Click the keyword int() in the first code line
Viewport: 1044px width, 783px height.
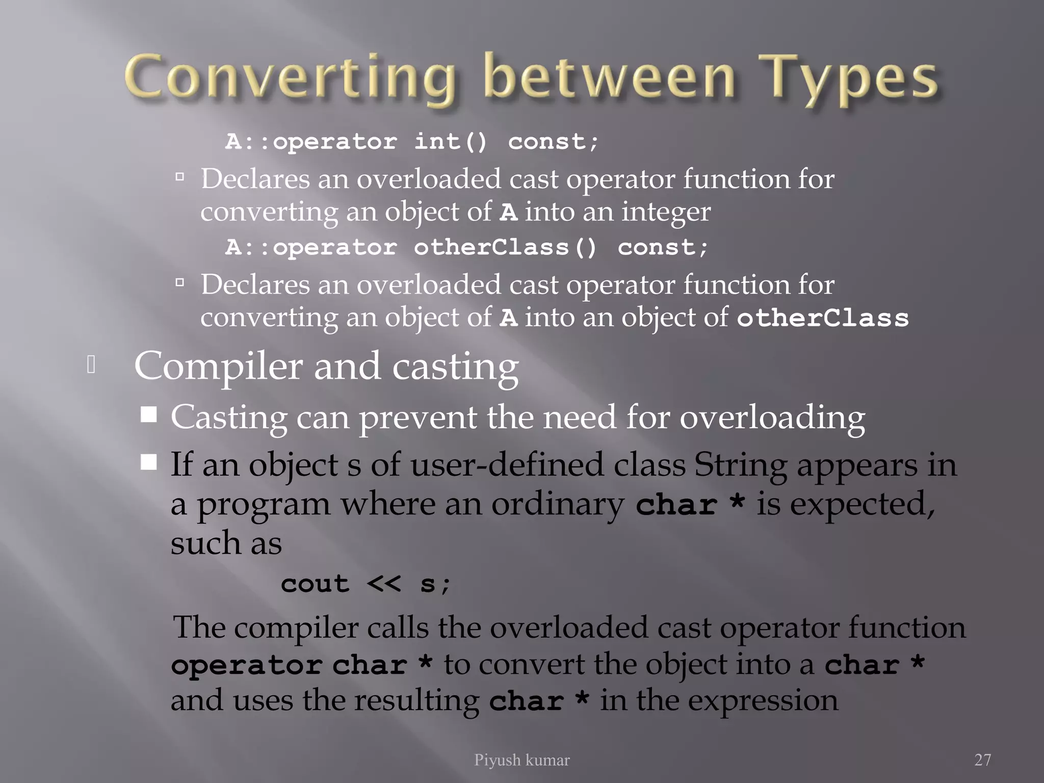tap(451, 141)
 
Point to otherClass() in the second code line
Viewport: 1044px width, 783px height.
tap(505, 248)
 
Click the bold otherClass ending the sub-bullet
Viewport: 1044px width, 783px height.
tap(823, 318)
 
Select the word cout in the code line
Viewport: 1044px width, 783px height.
tap(315, 584)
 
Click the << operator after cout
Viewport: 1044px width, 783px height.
tap(384, 584)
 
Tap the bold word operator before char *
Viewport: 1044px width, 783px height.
tap(246, 665)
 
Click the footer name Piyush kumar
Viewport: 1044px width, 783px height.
tap(521, 760)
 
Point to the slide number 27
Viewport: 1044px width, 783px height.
tap(983, 760)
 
